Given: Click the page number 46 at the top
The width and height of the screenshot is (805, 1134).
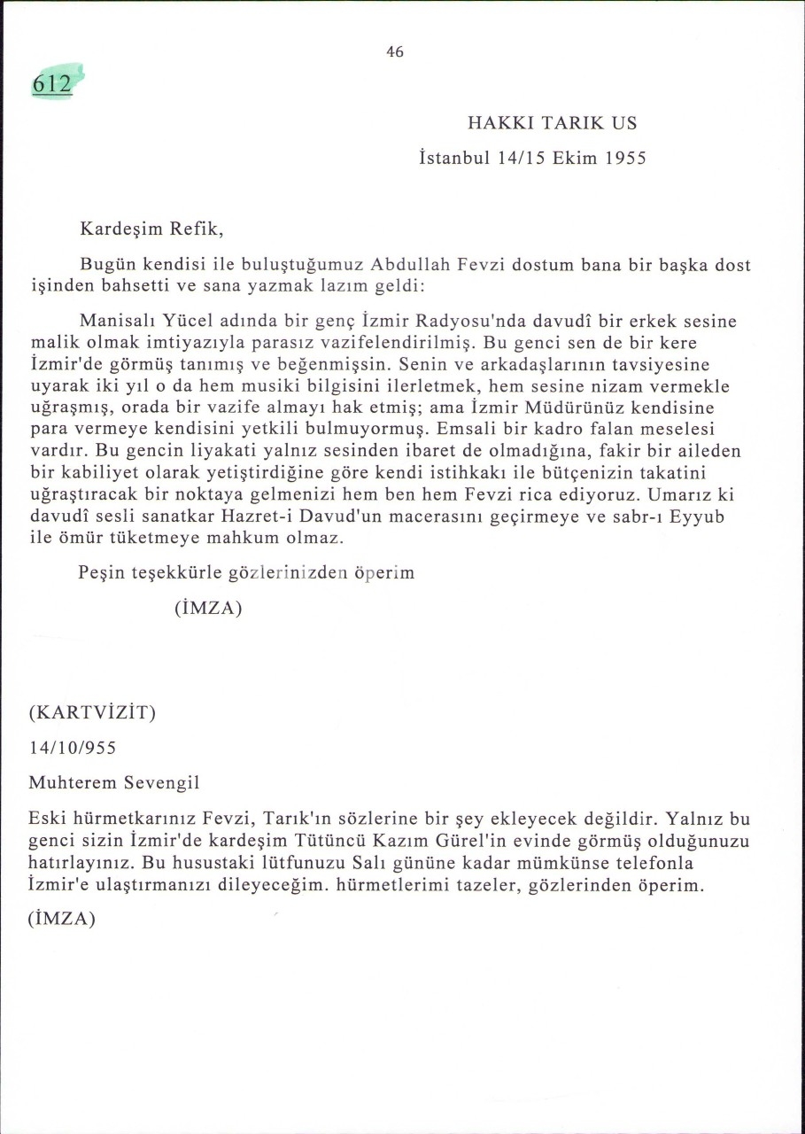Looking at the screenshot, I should (x=395, y=52).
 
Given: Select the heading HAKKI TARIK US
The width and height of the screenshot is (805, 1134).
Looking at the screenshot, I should (x=552, y=123).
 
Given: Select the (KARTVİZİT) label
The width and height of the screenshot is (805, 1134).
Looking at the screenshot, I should (x=92, y=712).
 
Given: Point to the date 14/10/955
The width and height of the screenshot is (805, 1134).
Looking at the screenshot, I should (x=73, y=748).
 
